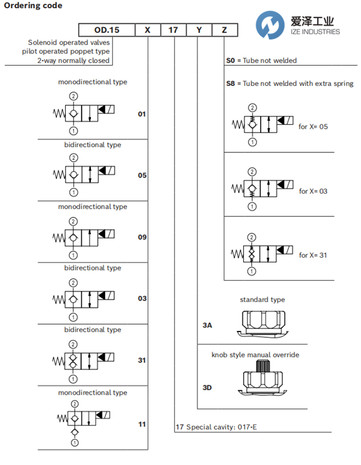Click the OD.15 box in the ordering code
(x=107, y=30)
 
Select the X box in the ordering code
(x=148, y=30)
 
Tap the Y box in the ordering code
(x=199, y=30)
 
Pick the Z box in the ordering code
(x=225, y=30)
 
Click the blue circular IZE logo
(x=270, y=25)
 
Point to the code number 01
(x=142, y=114)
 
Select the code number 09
(x=142, y=238)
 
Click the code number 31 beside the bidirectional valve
(x=142, y=360)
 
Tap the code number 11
(x=142, y=424)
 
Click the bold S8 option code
(x=231, y=83)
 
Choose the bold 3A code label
(x=207, y=325)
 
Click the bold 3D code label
(x=207, y=387)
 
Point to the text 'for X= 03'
(x=313, y=191)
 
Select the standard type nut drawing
(x=263, y=323)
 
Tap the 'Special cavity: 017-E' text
(x=222, y=427)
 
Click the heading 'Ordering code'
(x=33, y=6)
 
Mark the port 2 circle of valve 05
(x=73, y=158)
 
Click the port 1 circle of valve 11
(x=75, y=443)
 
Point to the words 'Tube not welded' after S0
(x=269, y=61)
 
